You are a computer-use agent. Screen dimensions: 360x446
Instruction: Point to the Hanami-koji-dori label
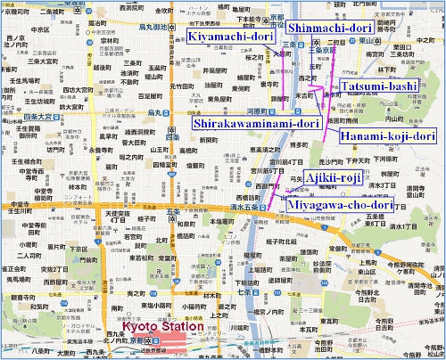(x=387, y=135)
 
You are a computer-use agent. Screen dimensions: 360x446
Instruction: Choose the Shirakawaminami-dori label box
(x=256, y=123)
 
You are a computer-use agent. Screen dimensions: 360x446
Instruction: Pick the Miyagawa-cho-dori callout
(x=339, y=204)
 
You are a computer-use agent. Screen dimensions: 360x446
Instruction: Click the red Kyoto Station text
(x=158, y=326)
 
